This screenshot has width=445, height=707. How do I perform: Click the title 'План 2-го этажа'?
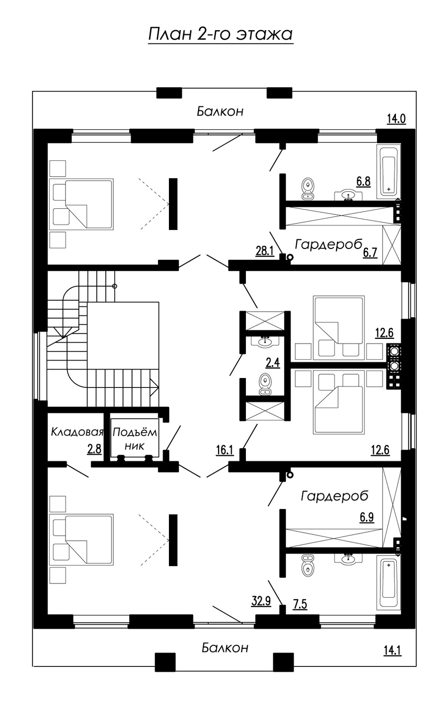(220, 34)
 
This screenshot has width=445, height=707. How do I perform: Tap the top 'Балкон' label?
(220, 111)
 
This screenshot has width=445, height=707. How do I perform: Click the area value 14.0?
(396, 119)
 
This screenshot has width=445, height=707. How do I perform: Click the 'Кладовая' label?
(77, 431)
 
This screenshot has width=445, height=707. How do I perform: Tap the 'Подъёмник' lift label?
(134, 438)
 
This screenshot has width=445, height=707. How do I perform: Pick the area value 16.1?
(225, 450)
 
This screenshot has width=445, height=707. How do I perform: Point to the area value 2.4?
(273, 362)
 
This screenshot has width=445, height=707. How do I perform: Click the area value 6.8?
(363, 181)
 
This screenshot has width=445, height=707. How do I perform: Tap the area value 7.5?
(300, 604)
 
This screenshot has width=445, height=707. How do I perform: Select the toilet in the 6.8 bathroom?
(308, 189)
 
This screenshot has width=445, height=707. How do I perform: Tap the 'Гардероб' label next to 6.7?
(328, 244)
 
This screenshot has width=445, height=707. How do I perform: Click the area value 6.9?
(367, 518)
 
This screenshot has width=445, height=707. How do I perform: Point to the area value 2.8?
(94, 449)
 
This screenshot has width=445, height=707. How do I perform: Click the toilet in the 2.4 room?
(265, 384)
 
